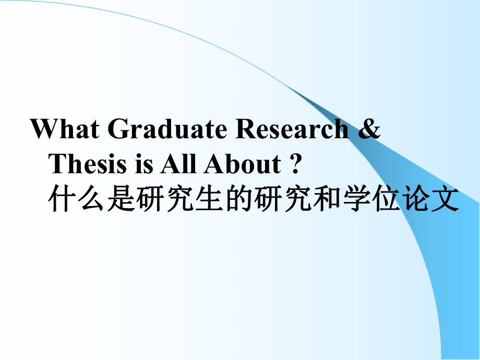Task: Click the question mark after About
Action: [295, 164]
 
